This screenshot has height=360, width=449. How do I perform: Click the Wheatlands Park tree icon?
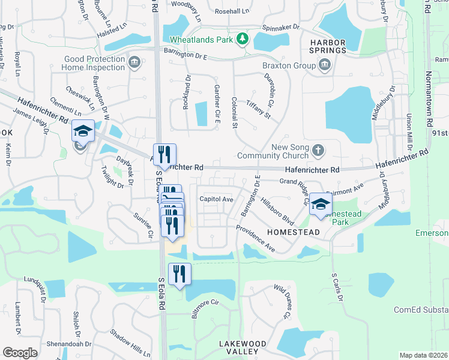pos(242,40)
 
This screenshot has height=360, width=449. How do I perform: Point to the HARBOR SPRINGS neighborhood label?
pos(328,47)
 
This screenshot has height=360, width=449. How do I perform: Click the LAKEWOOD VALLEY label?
pos(243,348)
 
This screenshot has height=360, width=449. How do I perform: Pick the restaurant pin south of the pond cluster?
pos(179,274)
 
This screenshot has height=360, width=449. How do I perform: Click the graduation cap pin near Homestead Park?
pos(321,205)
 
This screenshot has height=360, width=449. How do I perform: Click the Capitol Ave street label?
pos(216,199)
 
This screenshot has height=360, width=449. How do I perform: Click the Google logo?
pos(20,353)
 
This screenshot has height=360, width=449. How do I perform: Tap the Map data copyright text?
pos(424,355)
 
